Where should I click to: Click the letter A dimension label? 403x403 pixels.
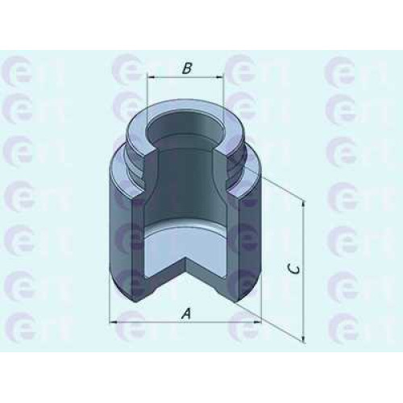186,314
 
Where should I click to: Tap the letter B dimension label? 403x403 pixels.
187,69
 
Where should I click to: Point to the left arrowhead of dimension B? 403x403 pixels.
152,77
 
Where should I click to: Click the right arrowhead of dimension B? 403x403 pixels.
219,77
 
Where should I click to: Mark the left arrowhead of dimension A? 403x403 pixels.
114,322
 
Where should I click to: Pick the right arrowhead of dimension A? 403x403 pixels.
257,322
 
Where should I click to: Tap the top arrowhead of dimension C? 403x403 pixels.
304,205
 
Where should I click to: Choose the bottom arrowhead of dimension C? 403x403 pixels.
304,339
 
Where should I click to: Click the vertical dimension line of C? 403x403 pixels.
304,272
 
